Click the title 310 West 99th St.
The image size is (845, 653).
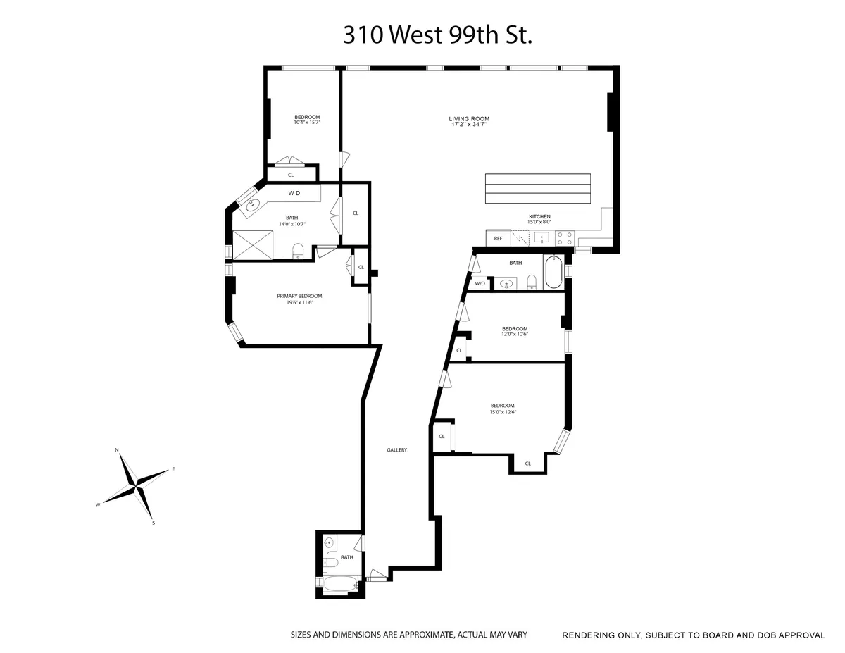pyautogui.click(x=437, y=35)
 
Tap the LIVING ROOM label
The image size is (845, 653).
pyautogui.click(x=469, y=118)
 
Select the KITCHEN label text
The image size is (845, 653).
pyautogui.click(x=539, y=216)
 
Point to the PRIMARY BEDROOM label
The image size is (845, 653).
pyautogui.click(x=299, y=296)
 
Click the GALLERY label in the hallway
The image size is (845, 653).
pyautogui.click(x=397, y=450)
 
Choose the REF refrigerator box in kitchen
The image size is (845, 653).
pyautogui.click(x=498, y=239)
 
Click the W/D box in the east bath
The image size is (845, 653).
pyautogui.click(x=480, y=283)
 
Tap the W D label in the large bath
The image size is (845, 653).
pyautogui.click(x=294, y=192)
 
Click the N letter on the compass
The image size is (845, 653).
pyautogui.click(x=118, y=449)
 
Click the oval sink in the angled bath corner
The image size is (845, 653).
pyautogui.click(x=251, y=206)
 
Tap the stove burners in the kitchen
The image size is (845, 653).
pyautogui.click(x=565, y=238)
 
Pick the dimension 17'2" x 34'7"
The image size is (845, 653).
pyautogui.click(x=470, y=125)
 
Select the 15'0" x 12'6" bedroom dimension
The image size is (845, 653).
pyautogui.click(x=503, y=412)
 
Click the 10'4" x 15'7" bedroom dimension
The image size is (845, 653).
pyautogui.click(x=307, y=123)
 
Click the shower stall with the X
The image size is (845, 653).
pyautogui.click(x=252, y=244)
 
